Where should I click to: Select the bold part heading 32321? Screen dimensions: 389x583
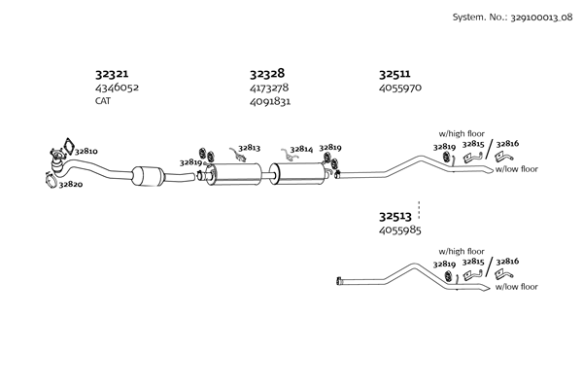[113, 73]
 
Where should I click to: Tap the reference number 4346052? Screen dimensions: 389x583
[117, 88]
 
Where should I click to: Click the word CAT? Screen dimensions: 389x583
[103, 100]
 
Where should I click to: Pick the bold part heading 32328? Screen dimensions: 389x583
[266, 73]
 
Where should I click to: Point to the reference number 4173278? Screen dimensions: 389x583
[270, 88]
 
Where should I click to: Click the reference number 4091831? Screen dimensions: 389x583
[270, 100]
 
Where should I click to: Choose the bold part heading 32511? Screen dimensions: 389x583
[394, 73]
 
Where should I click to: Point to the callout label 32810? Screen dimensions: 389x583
[86, 152]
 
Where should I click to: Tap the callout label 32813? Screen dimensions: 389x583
[248, 148]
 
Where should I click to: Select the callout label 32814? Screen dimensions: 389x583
[300, 149]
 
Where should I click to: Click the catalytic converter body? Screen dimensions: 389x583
[151, 177]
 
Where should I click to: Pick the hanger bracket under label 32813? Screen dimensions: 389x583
[238, 155]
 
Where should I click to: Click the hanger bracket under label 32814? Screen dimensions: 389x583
[290, 155]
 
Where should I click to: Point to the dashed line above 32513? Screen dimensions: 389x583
[419, 206]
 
